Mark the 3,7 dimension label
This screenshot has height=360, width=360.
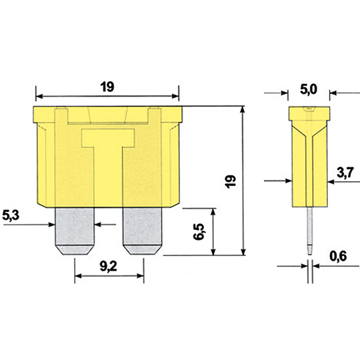point(345,171)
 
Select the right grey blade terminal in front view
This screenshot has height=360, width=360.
point(143,232)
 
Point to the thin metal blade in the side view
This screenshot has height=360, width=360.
point(308,231)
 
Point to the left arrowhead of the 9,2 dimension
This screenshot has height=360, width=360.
point(78,276)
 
